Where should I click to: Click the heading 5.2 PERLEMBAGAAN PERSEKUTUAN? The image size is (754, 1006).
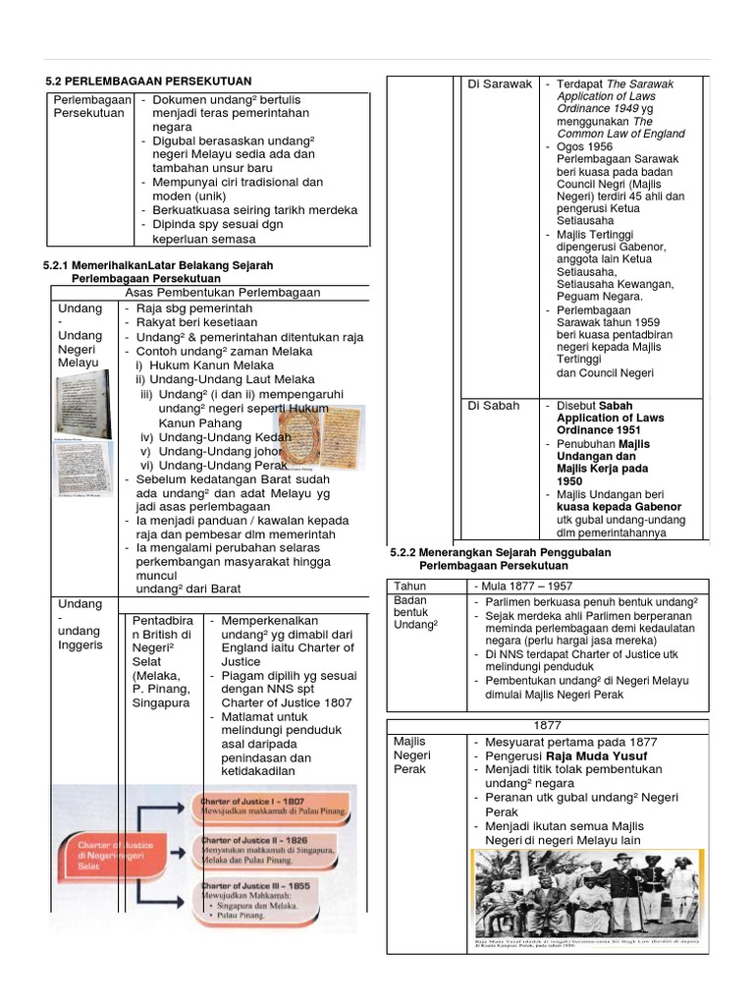[149, 81]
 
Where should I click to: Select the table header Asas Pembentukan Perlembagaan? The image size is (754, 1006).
[223, 293]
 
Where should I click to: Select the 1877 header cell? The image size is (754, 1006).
[543, 726]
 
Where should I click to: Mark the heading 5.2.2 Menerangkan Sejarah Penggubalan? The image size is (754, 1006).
[501, 553]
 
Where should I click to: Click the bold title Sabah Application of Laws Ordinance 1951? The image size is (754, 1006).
[611, 418]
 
